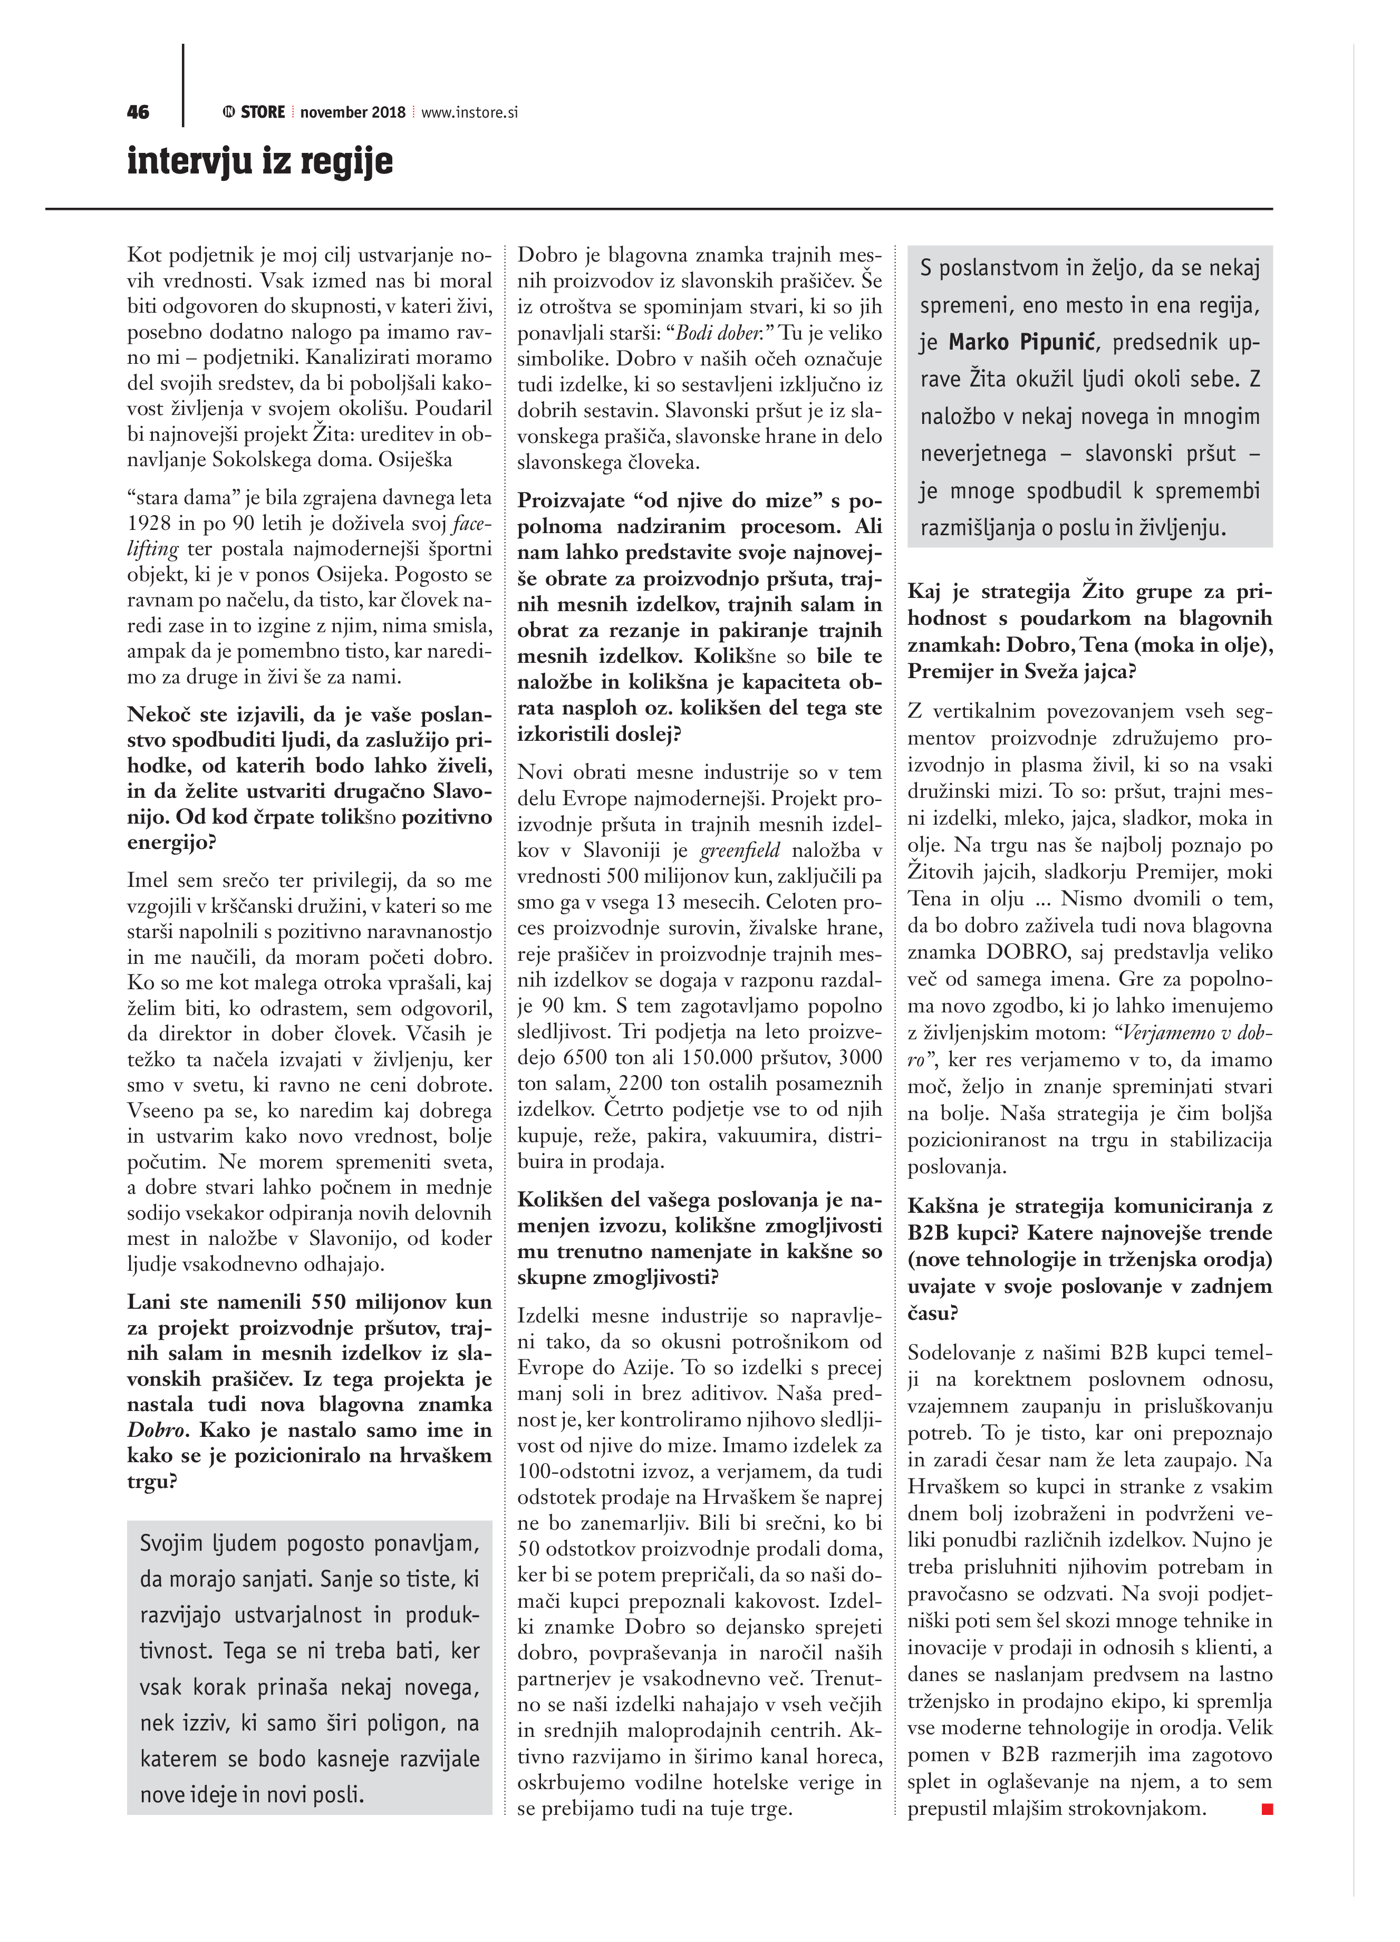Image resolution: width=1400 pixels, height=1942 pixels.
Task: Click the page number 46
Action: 138,112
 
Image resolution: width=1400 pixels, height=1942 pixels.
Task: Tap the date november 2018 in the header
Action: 353,112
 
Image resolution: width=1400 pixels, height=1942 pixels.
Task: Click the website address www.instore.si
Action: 469,112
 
